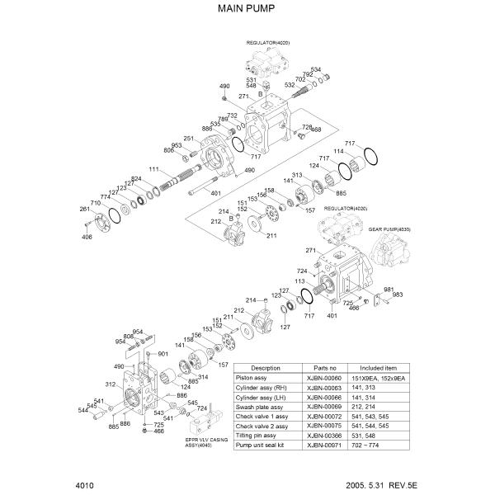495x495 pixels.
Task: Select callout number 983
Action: (398, 295)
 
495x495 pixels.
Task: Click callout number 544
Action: (83, 410)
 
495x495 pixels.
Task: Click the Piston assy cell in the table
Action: (266, 377)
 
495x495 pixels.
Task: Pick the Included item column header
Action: (379, 367)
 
